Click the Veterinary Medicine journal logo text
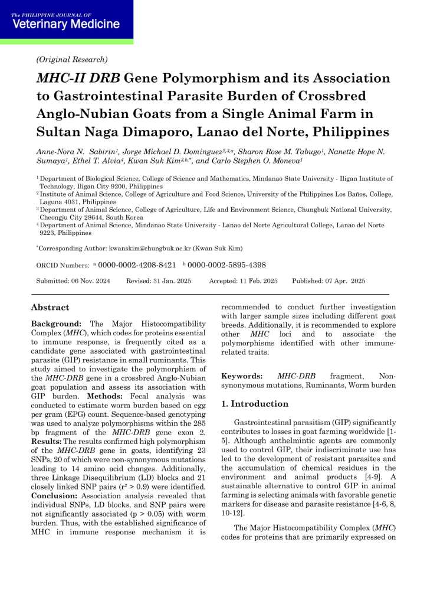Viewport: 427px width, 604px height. (x=65, y=24)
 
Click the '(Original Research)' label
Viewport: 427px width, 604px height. (x=72, y=59)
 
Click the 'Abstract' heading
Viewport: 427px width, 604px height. (x=50, y=308)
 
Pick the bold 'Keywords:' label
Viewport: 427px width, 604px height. (x=242, y=376)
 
